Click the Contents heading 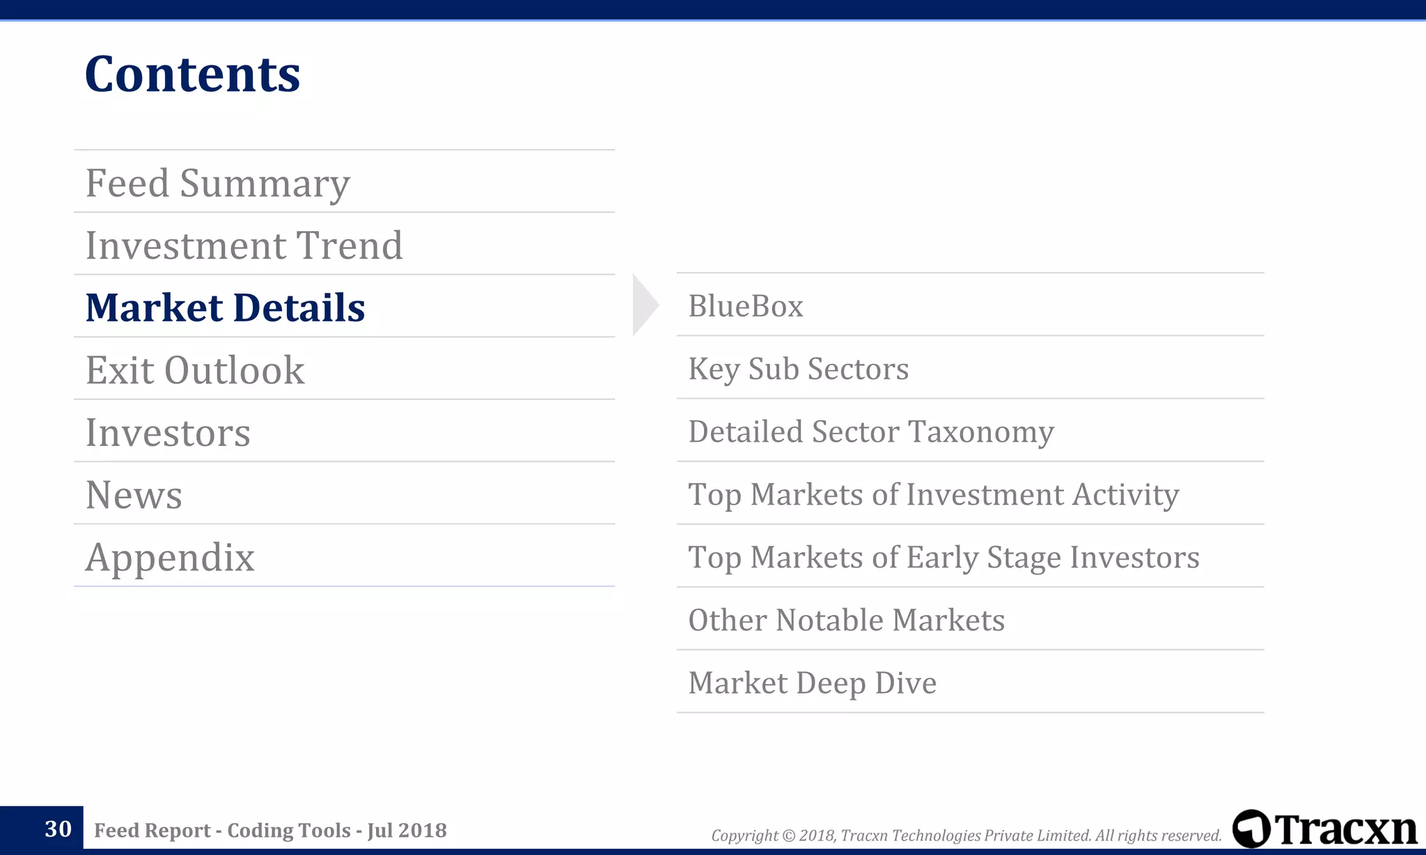point(192,74)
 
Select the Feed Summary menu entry point(217,183)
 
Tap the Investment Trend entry point(244,246)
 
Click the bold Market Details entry point(225,307)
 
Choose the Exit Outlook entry point(195,370)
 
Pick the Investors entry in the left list point(168,433)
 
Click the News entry point(134,495)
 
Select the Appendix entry point(170,557)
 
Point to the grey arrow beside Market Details point(643,305)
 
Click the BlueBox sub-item point(746,306)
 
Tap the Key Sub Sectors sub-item point(799,369)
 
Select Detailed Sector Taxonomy point(871,431)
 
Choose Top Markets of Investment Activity point(934,495)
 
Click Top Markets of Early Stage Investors point(943,557)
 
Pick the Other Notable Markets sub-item point(846,620)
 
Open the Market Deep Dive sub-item point(812,682)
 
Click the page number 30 point(58,829)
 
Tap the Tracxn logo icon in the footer point(1251,829)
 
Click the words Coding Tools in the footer point(289,830)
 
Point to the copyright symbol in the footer point(788,836)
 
